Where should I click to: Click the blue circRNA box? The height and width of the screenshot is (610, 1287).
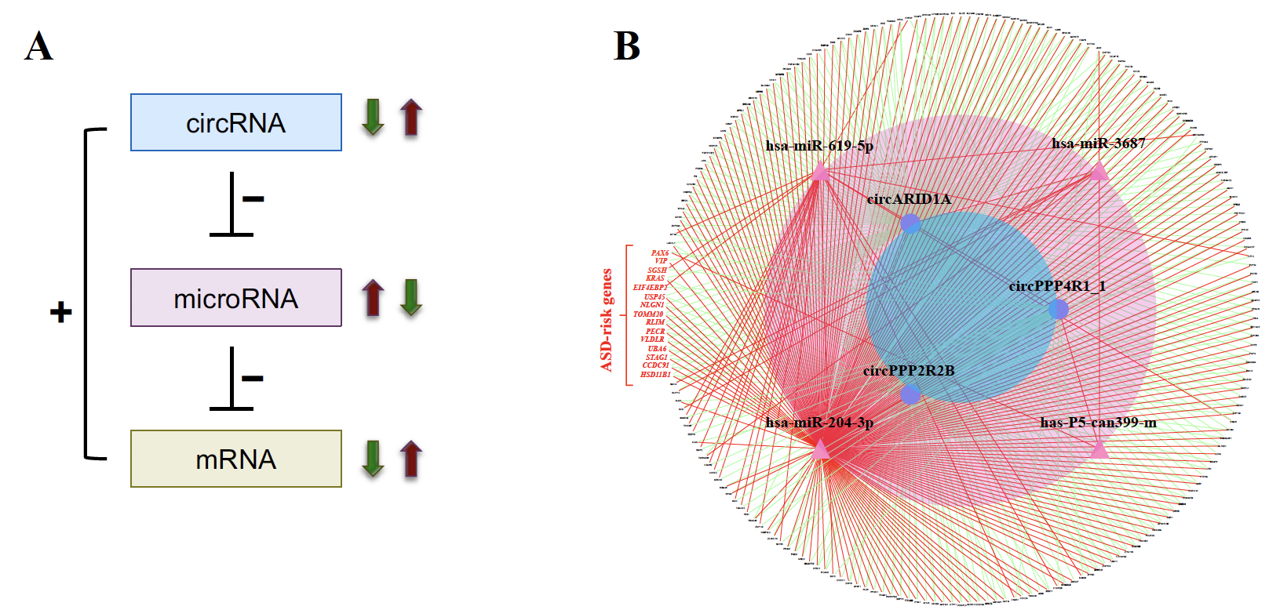pyautogui.click(x=235, y=122)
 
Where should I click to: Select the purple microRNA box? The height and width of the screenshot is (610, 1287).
pyautogui.click(x=235, y=298)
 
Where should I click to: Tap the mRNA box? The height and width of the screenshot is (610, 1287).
pyautogui.click(x=235, y=459)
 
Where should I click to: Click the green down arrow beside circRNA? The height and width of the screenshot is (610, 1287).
pyautogui.click(x=373, y=118)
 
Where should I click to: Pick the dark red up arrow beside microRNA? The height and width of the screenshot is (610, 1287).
pyautogui.click(x=373, y=298)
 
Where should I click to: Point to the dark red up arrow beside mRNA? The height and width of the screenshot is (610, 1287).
pyautogui.click(x=410, y=459)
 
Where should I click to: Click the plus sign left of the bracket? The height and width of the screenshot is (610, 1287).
pyautogui.click(x=60, y=313)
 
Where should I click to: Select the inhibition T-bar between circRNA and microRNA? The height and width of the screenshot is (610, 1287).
pyautogui.click(x=232, y=205)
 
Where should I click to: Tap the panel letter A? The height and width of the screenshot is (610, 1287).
pyautogui.click(x=38, y=46)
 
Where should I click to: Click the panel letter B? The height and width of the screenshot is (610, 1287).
pyautogui.click(x=626, y=46)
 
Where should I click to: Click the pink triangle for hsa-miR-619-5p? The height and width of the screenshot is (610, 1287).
pyautogui.click(x=820, y=172)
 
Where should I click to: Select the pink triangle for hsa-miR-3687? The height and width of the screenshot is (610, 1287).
pyautogui.click(x=1099, y=171)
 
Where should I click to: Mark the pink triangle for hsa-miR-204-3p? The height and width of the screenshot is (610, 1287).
pyautogui.click(x=820, y=449)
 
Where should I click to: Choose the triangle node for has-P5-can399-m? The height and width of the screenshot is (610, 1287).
pyautogui.click(x=1099, y=449)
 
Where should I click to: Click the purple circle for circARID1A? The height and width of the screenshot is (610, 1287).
pyautogui.click(x=910, y=223)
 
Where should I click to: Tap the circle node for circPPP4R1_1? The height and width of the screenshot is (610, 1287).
pyautogui.click(x=1058, y=309)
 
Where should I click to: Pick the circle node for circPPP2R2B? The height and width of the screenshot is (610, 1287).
pyautogui.click(x=910, y=394)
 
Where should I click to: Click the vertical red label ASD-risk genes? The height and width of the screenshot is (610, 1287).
pyautogui.click(x=607, y=320)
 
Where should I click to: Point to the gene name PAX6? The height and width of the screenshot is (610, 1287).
pyautogui.click(x=659, y=253)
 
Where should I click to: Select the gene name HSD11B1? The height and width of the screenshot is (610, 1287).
pyautogui.click(x=654, y=375)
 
